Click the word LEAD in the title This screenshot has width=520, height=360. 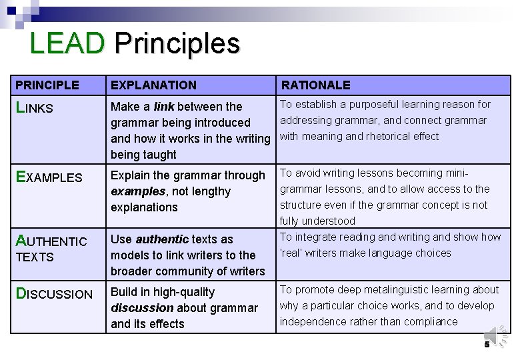[67, 44]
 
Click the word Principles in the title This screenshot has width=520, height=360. [177, 44]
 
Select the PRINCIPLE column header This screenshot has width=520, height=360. [47, 85]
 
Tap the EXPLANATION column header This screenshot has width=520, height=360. [153, 85]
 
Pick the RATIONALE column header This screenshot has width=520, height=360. [315, 85]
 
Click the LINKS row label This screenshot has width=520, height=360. [34, 108]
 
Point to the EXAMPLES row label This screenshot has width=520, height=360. [49, 177]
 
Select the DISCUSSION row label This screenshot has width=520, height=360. [54, 294]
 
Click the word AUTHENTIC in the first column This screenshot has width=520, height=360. [51, 241]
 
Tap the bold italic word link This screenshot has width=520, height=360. [164, 107]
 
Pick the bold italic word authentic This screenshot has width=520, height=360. [163, 239]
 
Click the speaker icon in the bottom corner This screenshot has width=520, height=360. [494, 335]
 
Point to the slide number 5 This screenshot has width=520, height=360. [487, 345]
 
